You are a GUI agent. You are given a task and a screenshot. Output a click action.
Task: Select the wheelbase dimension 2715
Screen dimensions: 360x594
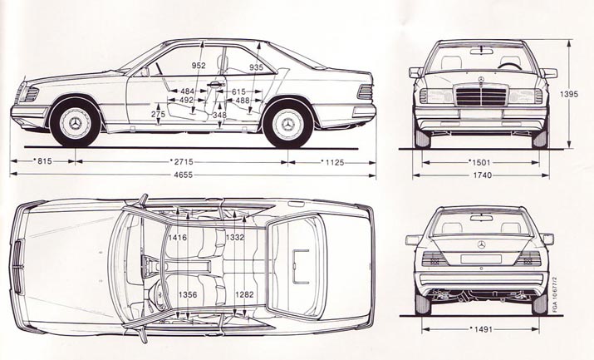[x=182, y=161]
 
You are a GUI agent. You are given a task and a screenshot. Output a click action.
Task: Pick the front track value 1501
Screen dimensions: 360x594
[x=481, y=162]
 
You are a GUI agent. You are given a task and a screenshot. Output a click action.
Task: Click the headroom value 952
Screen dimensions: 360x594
[x=199, y=66]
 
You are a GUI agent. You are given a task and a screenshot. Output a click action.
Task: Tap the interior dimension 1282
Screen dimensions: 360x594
[x=243, y=293]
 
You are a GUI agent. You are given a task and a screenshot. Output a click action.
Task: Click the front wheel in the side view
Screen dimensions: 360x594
[x=75, y=123]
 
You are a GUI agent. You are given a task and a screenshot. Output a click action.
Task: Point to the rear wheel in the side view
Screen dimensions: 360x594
[x=288, y=123]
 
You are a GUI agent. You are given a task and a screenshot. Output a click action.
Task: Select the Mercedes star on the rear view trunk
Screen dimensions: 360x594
[x=481, y=244]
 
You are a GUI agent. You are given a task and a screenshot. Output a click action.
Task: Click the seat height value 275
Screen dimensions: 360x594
[x=158, y=113]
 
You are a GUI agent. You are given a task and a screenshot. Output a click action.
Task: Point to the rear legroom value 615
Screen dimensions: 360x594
[x=239, y=91]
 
